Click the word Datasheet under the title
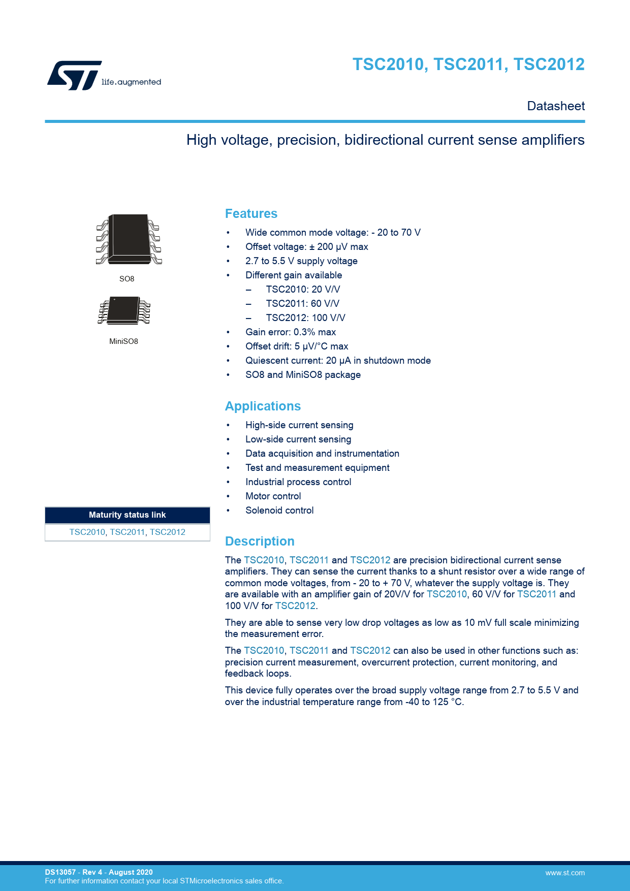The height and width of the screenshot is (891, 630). (x=556, y=106)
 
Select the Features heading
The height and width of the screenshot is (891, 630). (x=251, y=214)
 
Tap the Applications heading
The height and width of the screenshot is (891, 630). (x=263, y=406)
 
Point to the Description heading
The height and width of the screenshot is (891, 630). (x=260, y=542)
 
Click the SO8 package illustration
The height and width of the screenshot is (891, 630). (x=129, y=239)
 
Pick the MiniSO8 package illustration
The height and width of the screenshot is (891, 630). (x=124, y=310)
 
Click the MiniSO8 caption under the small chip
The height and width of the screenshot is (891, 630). (x=123, y=341)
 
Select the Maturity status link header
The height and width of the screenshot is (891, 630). (x=127, y=515)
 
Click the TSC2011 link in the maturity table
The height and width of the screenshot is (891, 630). (x=127, y=532)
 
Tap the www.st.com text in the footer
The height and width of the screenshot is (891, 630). (x=564, y=873)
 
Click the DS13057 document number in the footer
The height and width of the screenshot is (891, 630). (x=60, y=872)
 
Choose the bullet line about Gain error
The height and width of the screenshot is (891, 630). (x=290, y=332)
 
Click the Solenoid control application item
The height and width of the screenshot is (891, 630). (x=279, y=511)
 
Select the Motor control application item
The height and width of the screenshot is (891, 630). (x=273, y=496)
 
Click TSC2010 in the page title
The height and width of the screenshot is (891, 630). (x=389, y=65)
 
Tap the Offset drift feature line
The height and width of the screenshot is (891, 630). (x=297, y=346)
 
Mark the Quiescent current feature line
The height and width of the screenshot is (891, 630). (x=338, y=361)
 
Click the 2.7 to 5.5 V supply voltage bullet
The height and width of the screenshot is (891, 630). (x=301, y=261)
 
